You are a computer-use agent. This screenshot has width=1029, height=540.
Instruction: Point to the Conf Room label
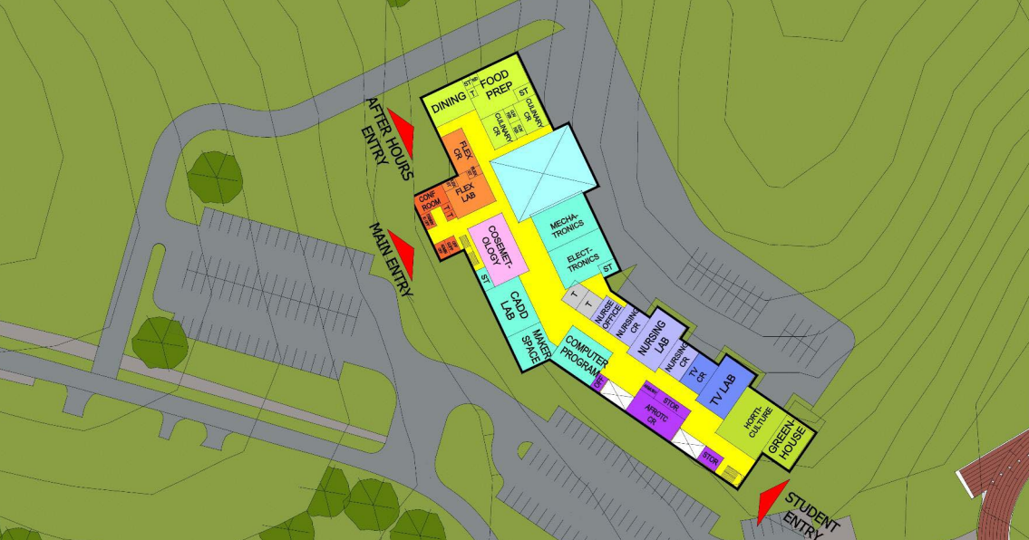[x=429, y=201]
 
